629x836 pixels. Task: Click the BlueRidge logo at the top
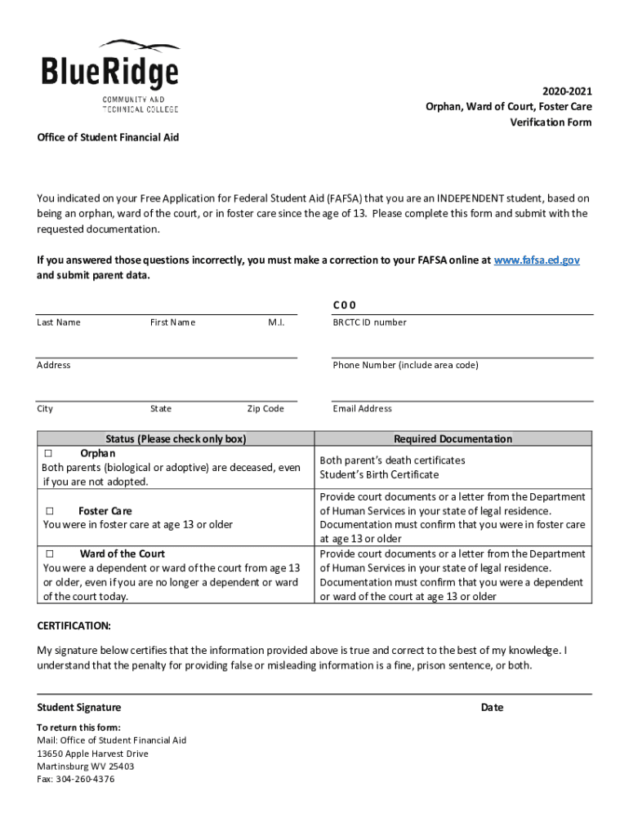tap(110, 75)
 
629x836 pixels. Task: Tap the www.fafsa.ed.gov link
tap(537, 260)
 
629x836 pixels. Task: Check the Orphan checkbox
tap(48, 453)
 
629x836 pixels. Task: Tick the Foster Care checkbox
tap(48, 511)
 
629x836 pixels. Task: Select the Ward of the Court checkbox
tap(48, 554)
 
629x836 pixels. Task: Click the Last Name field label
tap(59, 322)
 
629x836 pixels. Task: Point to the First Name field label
tap(172, 322)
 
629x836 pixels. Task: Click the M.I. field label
tap(276, 322)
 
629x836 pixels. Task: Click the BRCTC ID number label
tap(369, 322)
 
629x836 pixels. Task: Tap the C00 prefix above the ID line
tap(344, 305)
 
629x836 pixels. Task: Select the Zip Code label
tap(265, 409)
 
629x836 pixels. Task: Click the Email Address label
tap(362, 409)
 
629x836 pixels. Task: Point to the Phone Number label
tap(405, 366)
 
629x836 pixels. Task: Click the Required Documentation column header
tap(453, 439)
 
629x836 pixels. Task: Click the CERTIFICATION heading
tap(74, 626)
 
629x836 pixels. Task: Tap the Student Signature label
tap(79, 708)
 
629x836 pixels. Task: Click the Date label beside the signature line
tap(492, 708)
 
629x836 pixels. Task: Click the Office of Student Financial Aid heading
tap(108, 137)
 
